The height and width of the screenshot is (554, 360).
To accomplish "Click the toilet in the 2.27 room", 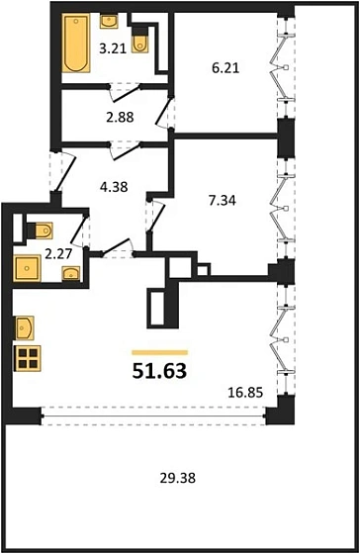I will [42, 231].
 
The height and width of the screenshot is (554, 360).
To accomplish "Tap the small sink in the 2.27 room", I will [69, 275].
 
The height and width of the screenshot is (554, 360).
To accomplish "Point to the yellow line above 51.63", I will [159, 351].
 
